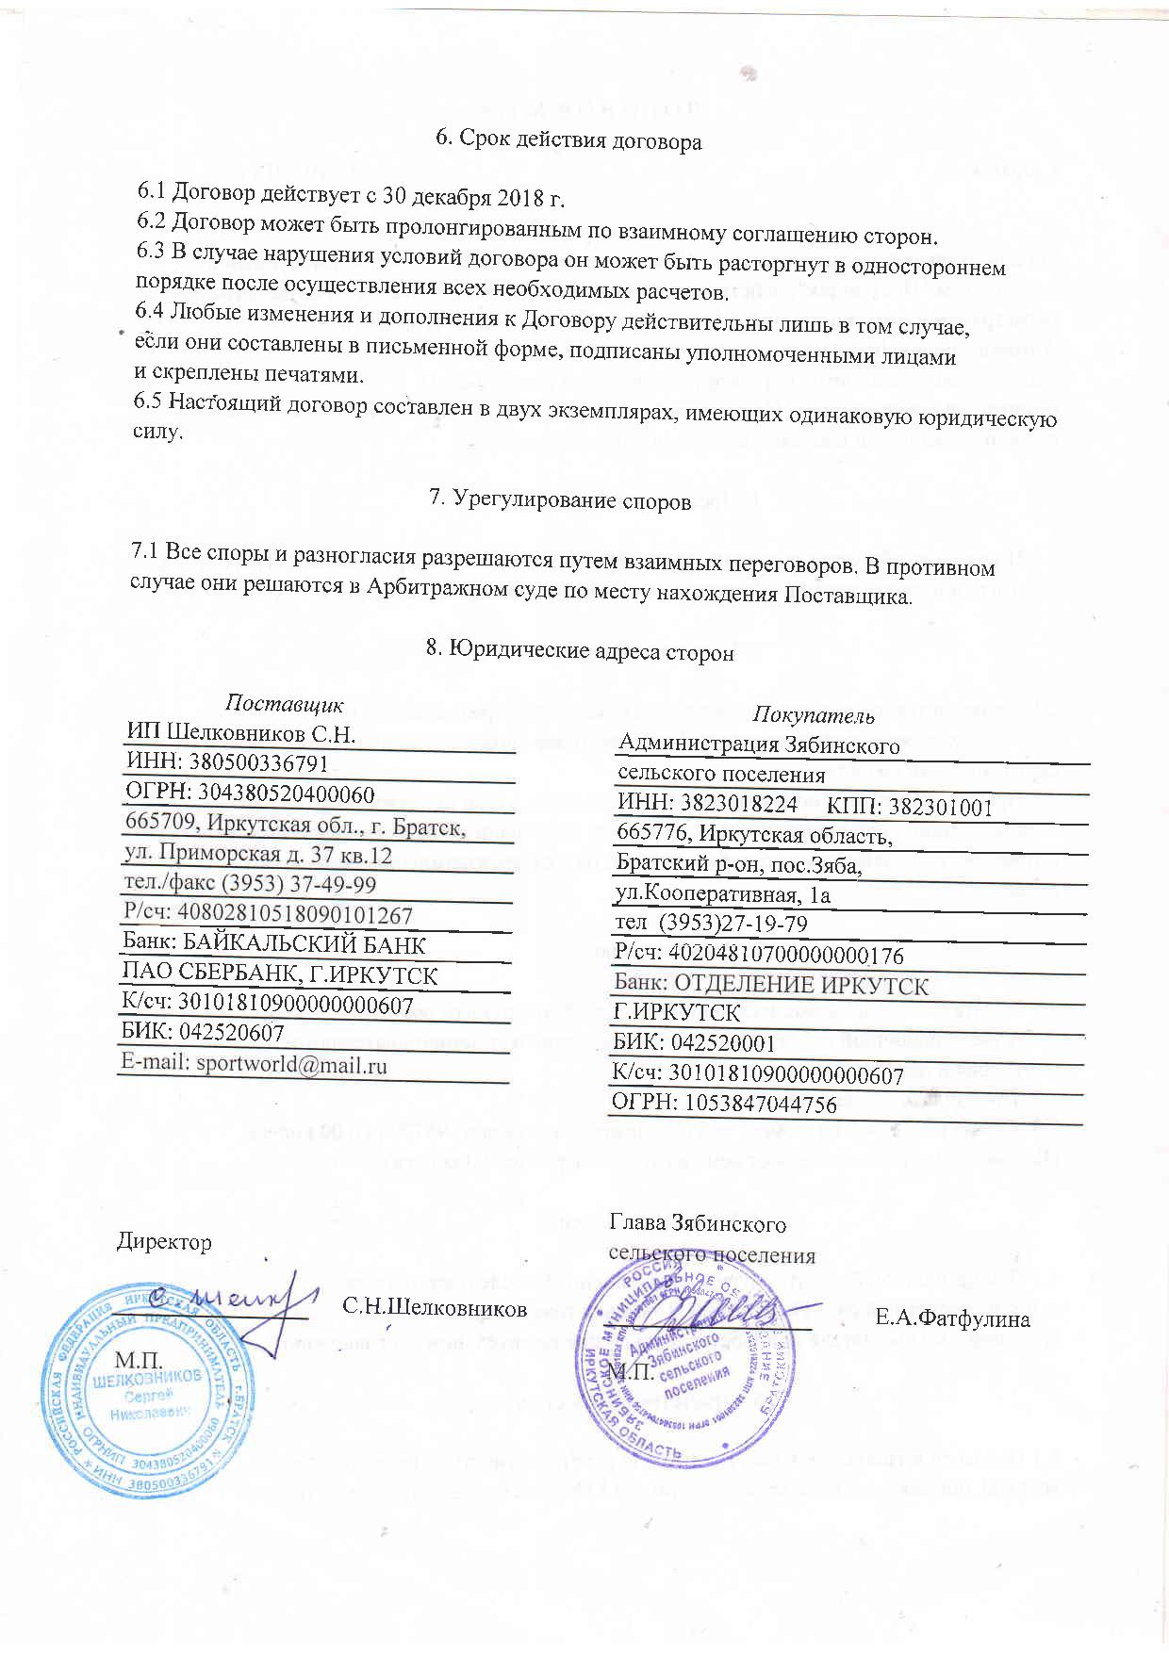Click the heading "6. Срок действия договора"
(x=568, y=141)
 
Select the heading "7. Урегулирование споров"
(x=560, y=500)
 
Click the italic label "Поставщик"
(x=285, y=704)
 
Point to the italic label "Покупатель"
(x=813, y=715)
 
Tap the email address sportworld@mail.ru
(x=292, y=1065)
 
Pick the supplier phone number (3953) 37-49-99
(x=299, y=884)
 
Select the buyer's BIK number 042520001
(x=721, y=1043)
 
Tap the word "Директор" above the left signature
(x=164, y=1241)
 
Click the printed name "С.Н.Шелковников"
(x=435, y=1309)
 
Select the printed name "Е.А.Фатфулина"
(x=952, y=1318)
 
